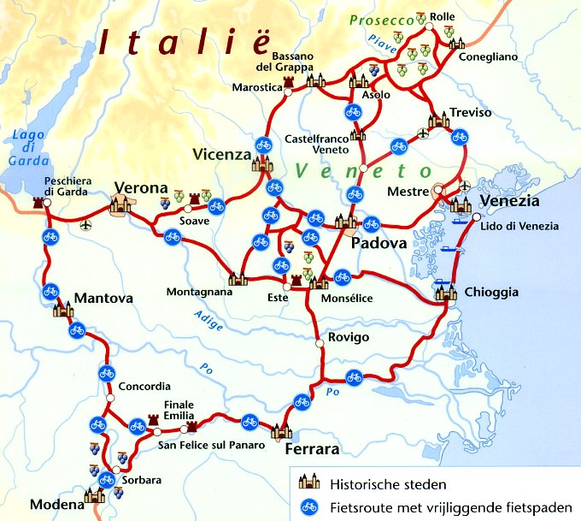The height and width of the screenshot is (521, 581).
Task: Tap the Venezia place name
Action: (x=510, y=201)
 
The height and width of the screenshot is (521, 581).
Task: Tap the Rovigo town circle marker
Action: (x=319, y=342)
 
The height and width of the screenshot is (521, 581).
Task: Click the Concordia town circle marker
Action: (x=110, y=399)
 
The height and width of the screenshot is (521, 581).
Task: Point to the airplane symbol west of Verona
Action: (x=85, y=225)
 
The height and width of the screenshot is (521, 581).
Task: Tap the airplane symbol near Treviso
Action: (x=422, y=133)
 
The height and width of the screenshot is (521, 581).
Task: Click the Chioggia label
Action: (x=491, y=293)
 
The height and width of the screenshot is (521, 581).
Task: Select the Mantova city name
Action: (x=104, y=299)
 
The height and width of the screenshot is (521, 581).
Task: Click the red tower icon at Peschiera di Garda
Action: (x=38, y=204)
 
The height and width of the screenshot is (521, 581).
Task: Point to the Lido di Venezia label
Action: (x=520, y=226)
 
